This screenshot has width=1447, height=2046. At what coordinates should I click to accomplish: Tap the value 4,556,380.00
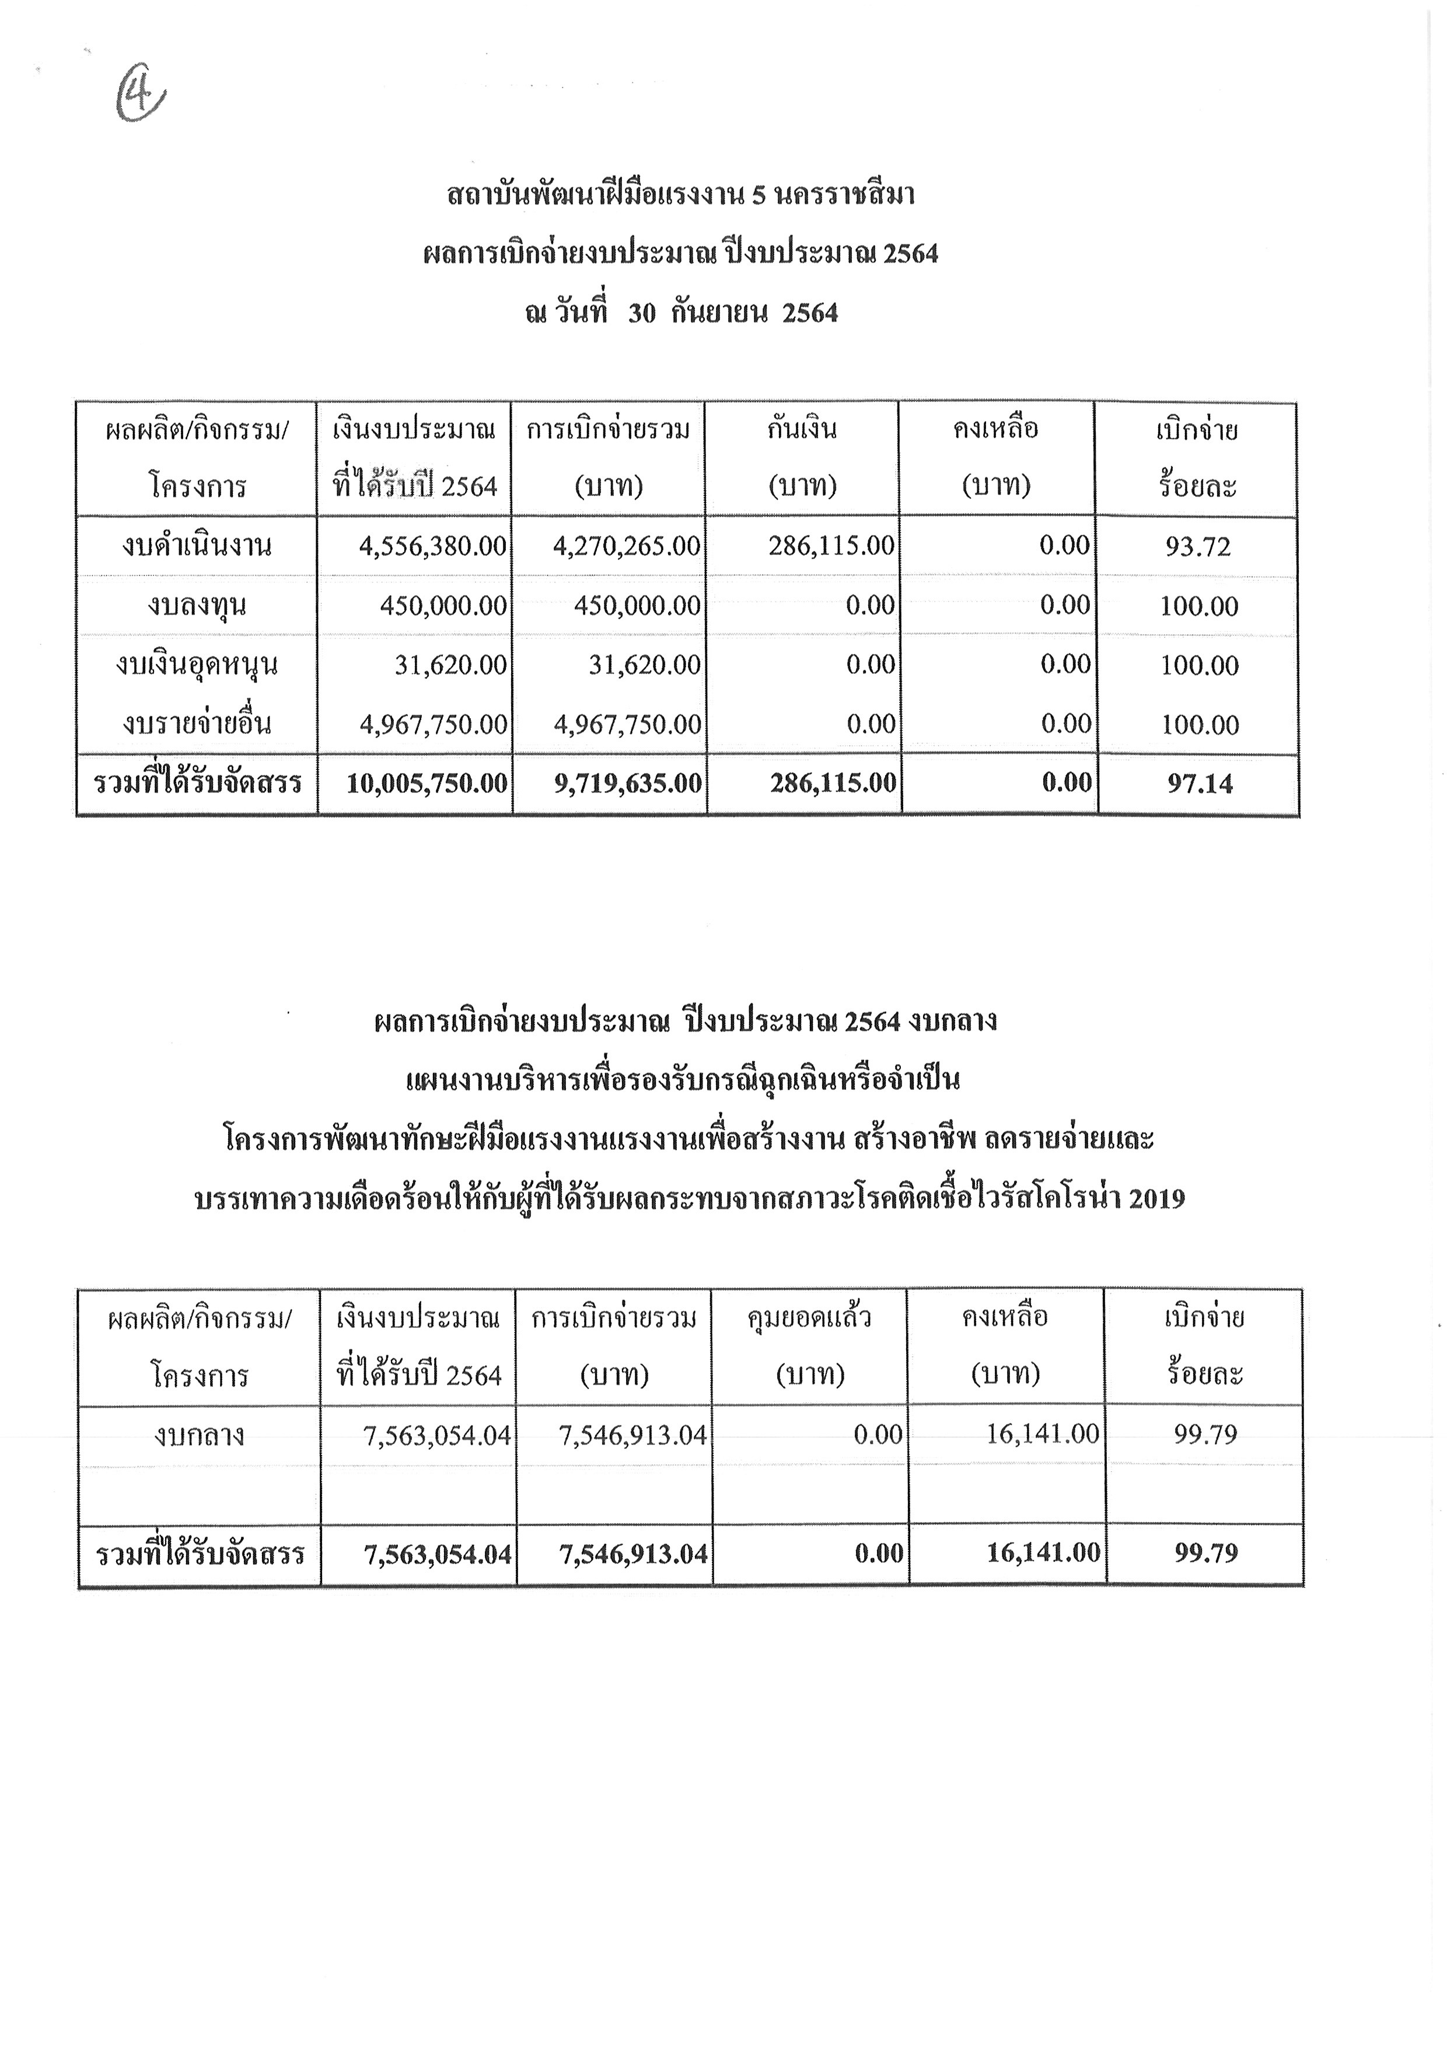point(433,546)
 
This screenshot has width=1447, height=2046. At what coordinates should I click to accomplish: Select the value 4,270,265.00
point(627,546)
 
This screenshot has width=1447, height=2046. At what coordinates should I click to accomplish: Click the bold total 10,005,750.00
point(427,784)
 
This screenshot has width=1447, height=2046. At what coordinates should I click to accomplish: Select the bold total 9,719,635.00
point(627,784)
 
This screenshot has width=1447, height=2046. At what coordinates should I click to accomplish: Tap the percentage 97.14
point(1199,784)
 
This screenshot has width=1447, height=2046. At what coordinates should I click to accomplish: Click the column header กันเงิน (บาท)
point(802,457)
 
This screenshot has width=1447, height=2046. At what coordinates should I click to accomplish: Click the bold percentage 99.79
point(1205,1553)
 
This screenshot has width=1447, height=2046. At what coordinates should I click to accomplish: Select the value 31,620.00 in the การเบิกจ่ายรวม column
point(644,664)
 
